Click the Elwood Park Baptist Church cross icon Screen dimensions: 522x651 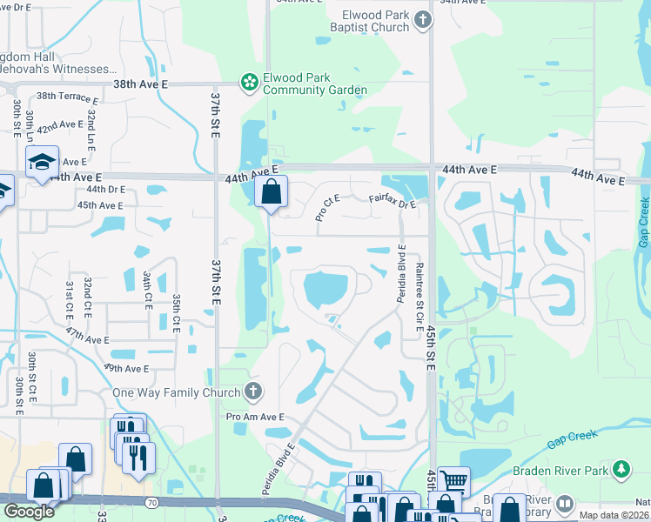[423, 19]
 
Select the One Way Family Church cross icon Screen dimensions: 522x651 [253, 391]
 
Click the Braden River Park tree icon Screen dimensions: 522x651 [621, 470]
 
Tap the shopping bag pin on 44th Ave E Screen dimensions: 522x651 [272, 191]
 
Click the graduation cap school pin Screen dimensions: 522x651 [41, 163]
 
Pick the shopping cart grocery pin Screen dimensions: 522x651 [453, 480]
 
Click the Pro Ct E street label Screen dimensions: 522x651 [327, 209]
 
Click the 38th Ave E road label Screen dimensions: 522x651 [139, 84]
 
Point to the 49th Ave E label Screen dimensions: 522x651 [126, 369]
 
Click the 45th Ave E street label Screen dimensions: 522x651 [99, 205]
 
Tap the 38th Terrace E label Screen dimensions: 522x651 [67, 97]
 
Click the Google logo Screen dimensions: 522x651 [29, 512]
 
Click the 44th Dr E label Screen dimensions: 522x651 [105, 189]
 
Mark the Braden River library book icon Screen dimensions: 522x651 [565, 504]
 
